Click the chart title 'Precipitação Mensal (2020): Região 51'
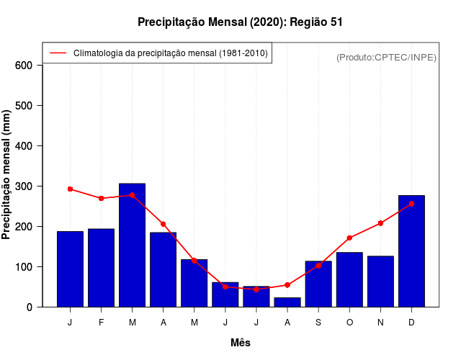coord(240,22)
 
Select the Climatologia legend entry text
coord(170,53)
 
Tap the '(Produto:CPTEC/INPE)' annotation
coord(386,57)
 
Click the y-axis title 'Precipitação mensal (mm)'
coord(7,174)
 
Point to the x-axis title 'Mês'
coord(241,343)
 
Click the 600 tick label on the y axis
coord(24,66)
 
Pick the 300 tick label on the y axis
coord(24,186)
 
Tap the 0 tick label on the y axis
coord(30,307)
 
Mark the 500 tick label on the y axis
coord(24,106)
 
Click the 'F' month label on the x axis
coord(102,322)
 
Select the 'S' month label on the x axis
coord(318,322)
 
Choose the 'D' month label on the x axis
coord(411,322)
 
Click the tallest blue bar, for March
coord(133,245)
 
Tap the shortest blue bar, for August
coord(287,302)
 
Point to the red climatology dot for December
coord(411,204)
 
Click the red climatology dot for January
coord(70,189)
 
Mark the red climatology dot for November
coord(380,223)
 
